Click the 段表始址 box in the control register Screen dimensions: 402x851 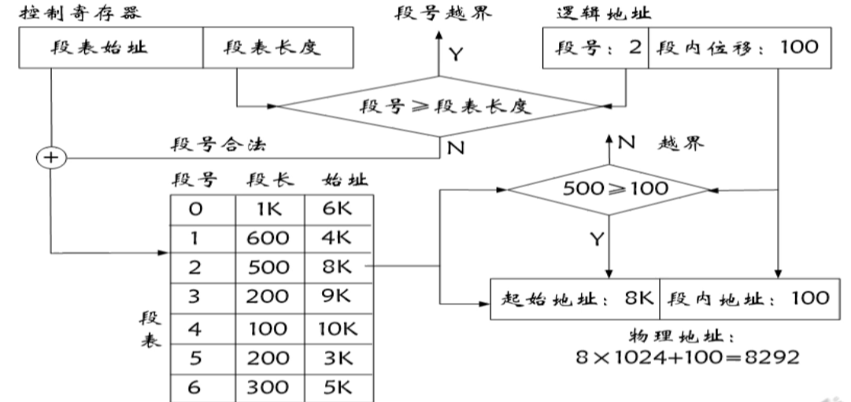[109, 50]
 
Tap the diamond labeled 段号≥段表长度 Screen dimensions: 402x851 [441, 106]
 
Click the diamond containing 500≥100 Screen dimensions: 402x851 [608, 189]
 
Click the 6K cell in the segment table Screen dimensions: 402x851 [338, 210]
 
